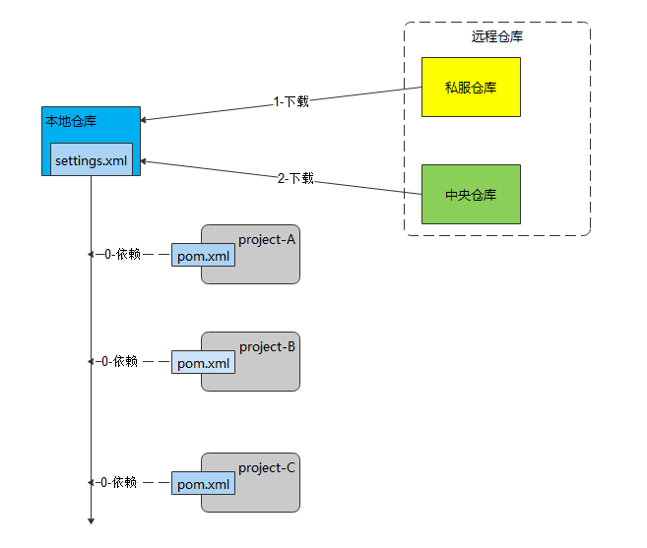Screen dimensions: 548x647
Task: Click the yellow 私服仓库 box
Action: click(x=471, y=87)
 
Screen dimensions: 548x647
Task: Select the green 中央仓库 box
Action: click(x=471, y=194)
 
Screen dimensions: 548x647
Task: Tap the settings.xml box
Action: click(x=92, y=159)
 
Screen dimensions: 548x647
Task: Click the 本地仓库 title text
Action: click(x=71, y=121)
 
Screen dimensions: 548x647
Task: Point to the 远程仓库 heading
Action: click(x=497, y=37)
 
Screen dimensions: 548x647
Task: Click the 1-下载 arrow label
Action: click(x=292, y=101)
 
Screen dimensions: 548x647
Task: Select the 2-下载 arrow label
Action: click(x=295, y=178)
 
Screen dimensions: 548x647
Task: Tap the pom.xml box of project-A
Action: click(x=204, y=255)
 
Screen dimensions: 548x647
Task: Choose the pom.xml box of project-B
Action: click(x=204, y=362)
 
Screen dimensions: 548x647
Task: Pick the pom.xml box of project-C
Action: click(x=204, y=483)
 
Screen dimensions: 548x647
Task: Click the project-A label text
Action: click(x=267, y=239)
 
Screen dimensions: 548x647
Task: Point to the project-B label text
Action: click(x=267, y=346)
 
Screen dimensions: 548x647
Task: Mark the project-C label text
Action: click(x=267, y=467)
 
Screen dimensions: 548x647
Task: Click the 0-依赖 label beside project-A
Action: click(x=118, y=254)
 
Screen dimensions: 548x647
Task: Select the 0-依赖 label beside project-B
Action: click(x=118, y=361)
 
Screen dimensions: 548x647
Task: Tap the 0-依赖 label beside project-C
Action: click(x=118, y=482)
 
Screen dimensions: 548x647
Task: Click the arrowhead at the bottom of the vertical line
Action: click(x=91, y=521)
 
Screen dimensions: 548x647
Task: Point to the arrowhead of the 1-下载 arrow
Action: click(x=145, y=120)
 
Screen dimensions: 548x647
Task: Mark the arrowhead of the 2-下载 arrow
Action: click(x=145, y=160)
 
